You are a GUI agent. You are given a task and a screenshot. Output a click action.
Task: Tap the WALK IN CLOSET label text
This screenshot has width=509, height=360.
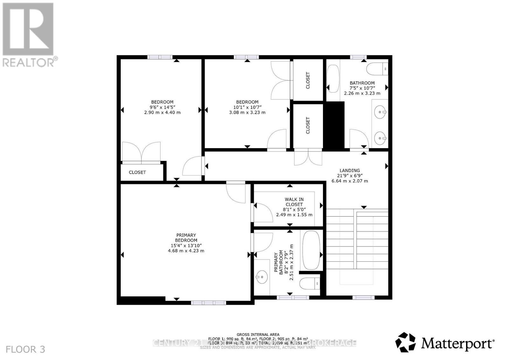294,202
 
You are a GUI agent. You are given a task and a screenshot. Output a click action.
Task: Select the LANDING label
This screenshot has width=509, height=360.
350,170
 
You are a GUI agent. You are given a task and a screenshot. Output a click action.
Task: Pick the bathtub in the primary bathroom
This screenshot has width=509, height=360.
311,251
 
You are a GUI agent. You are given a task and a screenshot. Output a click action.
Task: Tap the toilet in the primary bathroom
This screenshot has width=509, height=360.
310,283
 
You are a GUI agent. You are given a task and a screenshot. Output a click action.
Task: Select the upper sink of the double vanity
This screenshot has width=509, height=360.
380,112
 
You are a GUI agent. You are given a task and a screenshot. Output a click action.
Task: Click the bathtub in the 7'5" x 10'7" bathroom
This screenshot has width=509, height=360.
333,79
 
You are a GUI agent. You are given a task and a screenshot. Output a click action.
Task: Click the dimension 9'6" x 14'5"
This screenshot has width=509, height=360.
162,107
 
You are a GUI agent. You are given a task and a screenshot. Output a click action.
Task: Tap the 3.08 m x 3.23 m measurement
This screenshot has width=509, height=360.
247,112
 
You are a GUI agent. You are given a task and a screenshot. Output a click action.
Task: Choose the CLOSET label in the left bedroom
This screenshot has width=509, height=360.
137,172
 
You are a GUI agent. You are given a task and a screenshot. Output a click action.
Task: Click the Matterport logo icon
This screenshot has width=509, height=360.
405,342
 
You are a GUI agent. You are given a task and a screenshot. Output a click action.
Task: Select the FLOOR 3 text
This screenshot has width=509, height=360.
25,350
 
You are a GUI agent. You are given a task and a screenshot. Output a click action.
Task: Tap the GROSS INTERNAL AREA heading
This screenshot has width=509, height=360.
258,335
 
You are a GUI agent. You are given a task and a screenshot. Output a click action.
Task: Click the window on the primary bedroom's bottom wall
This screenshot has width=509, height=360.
208,303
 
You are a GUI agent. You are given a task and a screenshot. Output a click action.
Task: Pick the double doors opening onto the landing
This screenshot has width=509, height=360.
308,157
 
